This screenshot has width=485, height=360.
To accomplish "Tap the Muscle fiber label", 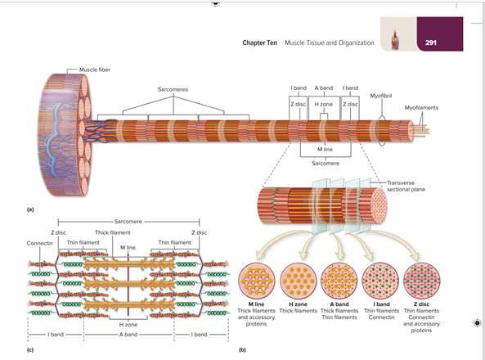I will (94, 70).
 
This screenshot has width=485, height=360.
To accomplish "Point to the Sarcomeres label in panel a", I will (173, 88).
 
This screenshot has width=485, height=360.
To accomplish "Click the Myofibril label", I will (381, 95).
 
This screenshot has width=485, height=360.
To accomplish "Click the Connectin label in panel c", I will (39, 244).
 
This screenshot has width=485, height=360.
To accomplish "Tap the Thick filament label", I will (113, 233).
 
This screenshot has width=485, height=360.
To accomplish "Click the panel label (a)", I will (30, 209).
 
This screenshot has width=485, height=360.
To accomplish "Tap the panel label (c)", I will (30, 349).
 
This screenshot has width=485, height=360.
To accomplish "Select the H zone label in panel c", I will (128, 326).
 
